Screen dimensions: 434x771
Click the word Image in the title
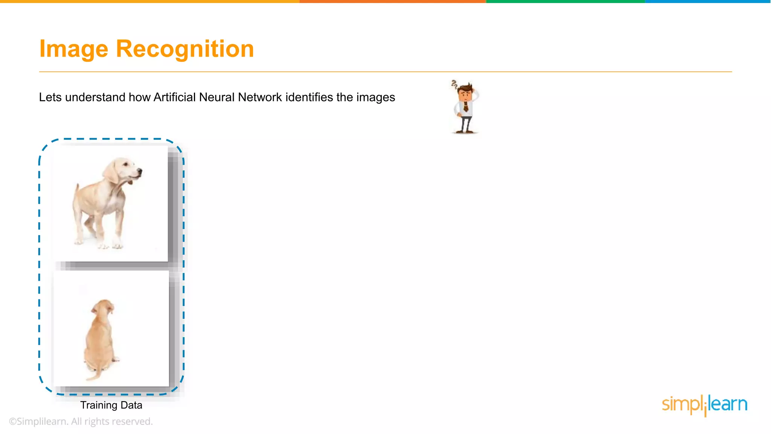tap(74, 49)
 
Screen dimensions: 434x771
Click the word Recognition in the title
tap(185, 49)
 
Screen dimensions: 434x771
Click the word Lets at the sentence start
tap(50, 97)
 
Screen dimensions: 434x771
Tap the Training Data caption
tap(111, 405)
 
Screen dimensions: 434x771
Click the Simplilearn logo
tap(704, 405)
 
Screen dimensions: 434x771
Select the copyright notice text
tap(81, 422)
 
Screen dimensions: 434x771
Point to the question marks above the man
tap(454, 84)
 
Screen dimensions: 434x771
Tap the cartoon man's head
tap(466, 92)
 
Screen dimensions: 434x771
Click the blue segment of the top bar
tap(708, 2)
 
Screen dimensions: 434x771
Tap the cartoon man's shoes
tap(465, 131)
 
